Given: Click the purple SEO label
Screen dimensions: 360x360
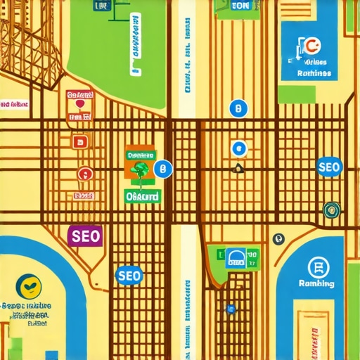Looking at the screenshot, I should click(x=84, y=235).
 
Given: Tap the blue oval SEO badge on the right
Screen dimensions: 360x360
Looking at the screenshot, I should click(x=329, y=167).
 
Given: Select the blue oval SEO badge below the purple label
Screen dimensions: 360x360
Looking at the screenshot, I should click(x=129, y=275).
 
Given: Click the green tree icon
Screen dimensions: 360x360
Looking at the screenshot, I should click(x=141, y=169).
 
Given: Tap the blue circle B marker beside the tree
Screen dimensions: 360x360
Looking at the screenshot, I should click(x=162, y=169).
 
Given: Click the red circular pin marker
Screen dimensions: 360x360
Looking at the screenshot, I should click(x=84, y=173).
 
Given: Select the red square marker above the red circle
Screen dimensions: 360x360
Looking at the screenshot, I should click(x=79, y=142).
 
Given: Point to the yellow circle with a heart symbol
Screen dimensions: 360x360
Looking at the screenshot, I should click(x=29, y=285).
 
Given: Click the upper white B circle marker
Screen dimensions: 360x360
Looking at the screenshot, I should click(x=238, y=109).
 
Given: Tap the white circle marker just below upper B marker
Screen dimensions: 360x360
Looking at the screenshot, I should click(x=238, y=148).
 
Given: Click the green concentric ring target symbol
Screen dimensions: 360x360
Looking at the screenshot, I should click(x=331, y=209).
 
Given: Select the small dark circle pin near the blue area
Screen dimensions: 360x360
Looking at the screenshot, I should click(x=278, y=239).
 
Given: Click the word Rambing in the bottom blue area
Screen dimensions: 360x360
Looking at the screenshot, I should click(x=316, y=283).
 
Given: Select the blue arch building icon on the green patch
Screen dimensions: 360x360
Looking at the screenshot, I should click(x=236, y=259).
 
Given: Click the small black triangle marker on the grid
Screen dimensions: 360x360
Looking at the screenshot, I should click(x=238, y=168).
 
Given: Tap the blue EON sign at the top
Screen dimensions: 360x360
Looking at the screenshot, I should click(x=240, y=6).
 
